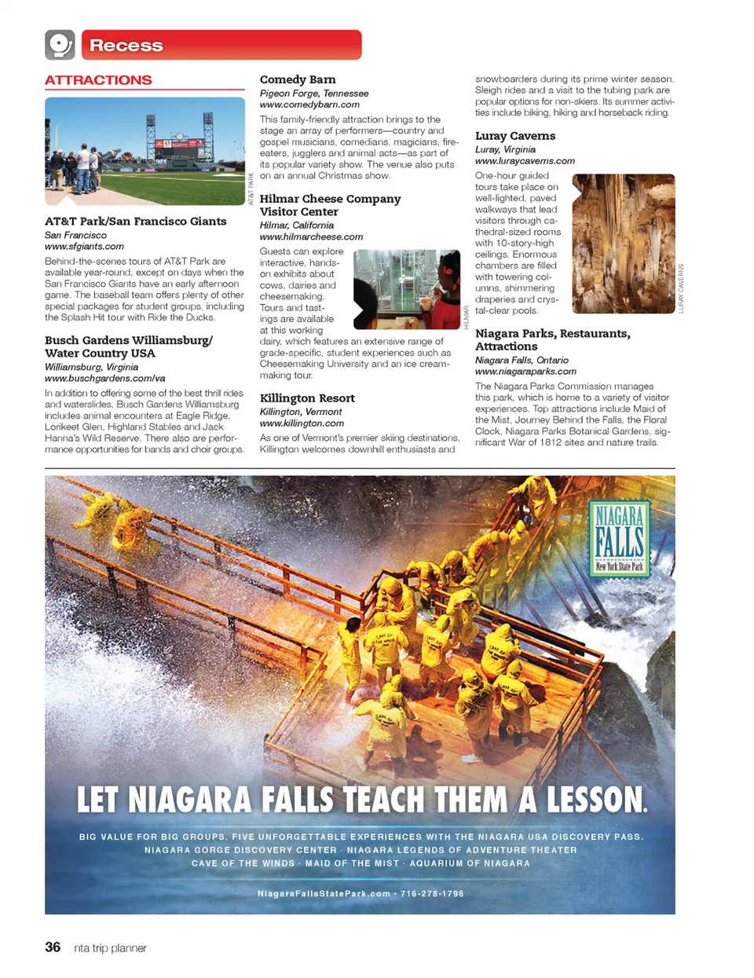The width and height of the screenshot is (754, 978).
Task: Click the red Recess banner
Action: click(221, 45)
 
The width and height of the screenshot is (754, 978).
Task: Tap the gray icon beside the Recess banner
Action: click(60, 45)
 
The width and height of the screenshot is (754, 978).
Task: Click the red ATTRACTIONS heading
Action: click(98, 80)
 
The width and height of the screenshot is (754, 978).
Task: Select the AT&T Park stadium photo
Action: click(145, 151)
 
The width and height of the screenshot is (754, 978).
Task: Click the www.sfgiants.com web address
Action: click(84, 247)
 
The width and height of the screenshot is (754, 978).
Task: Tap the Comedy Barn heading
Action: click(298, 79)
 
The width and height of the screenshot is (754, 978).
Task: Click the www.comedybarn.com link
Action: click(309, 104)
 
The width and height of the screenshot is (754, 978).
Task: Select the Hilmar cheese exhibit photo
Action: click(406, 289)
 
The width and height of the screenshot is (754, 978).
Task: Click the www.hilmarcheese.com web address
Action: click(311, 236)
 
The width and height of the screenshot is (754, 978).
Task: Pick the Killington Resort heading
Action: click(307, 398)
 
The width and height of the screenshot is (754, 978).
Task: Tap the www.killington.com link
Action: click(302, 423)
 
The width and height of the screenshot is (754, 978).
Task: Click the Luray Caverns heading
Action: click(515, 136)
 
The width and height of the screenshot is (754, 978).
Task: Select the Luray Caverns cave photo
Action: click(624, 244)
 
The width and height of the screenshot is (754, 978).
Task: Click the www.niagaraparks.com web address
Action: click(525, 372)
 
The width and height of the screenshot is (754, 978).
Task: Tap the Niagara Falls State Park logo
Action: click(620, 539)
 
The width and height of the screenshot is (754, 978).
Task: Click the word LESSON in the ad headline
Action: click(597, 800)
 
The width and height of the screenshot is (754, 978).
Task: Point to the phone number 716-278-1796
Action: click(432, 894)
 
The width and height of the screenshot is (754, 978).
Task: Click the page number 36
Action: click(53, 947)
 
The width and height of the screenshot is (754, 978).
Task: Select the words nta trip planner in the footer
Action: click(110, 948)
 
